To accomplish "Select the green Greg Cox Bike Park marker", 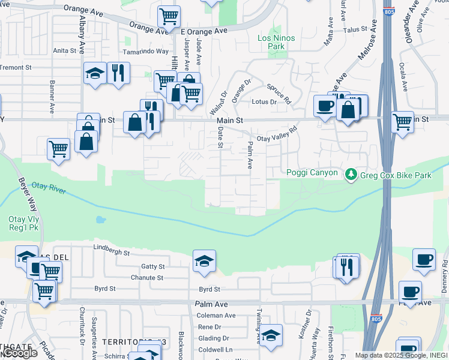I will pos(351,175).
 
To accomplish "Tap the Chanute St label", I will pos(147,278).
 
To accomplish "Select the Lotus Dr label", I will pos(264,102).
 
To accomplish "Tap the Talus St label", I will pos(355,29).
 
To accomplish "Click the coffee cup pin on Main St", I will pos(325,106).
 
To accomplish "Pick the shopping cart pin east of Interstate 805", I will pos(402,121).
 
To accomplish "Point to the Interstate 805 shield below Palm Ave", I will pos(376,318).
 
